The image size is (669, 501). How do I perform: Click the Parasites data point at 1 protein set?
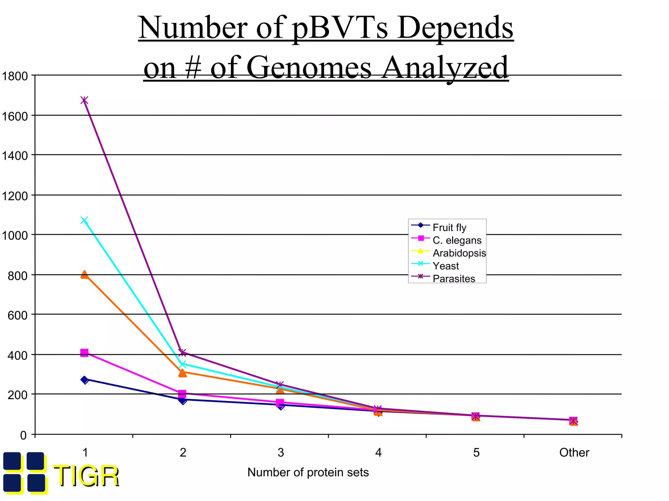[84, 100]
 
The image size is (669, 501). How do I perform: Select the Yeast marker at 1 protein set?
[84, 220]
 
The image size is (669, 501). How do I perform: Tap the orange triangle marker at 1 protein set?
[84, 274]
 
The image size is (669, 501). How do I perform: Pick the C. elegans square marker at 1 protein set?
[84, 353]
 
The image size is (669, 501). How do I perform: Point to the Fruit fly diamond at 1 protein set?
[85, 380]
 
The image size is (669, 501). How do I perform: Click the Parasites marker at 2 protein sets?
[183, 352]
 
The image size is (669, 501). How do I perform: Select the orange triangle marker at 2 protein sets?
[183, 372]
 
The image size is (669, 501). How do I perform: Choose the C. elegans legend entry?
[457, 240]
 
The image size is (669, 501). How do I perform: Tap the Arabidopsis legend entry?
[459, 253]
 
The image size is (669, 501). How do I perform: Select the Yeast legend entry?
[446, 266]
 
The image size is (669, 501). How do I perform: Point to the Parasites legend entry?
[454, 279]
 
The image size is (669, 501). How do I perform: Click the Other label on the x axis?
[574, 453]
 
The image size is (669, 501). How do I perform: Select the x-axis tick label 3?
[281, 453]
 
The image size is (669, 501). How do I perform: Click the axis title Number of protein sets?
[308, 472]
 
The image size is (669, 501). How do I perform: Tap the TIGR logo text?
[86, 476]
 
